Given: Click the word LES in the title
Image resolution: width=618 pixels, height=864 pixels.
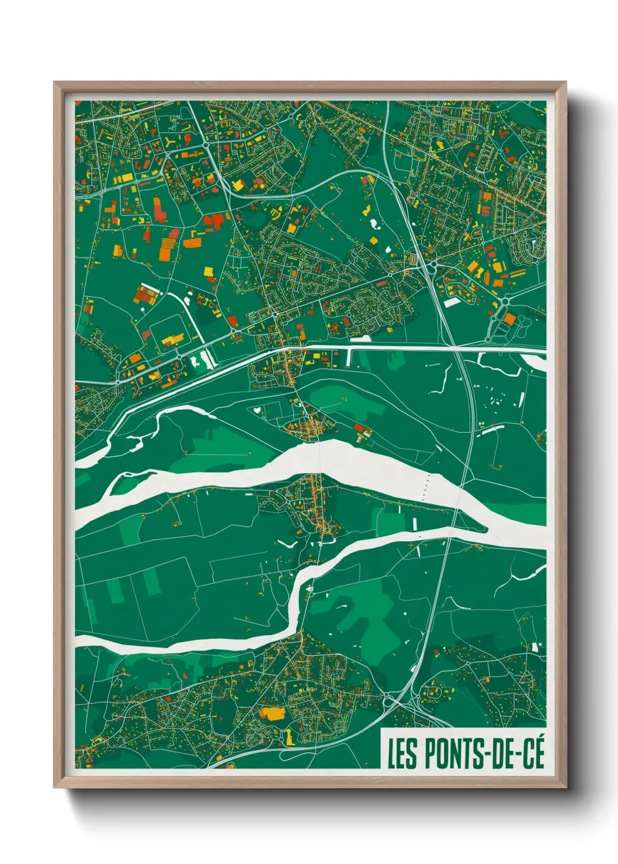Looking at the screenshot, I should coord(402,754).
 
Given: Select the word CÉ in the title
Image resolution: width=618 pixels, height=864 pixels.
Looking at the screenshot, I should coord(531,754).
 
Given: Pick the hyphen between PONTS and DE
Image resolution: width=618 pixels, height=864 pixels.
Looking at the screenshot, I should coord(484,755).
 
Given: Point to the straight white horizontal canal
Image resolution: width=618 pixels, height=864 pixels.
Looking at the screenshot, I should coord(409,348).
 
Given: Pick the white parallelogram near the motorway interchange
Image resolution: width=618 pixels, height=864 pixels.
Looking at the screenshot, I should coord(452,302).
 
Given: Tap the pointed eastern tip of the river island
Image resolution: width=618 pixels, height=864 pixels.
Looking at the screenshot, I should coord(485,530).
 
